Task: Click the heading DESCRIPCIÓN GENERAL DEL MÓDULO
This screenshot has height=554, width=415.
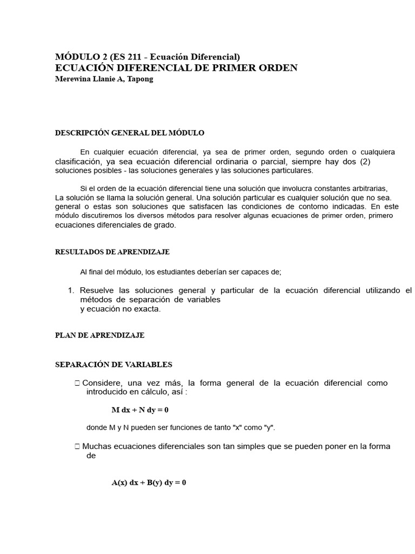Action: click(x=130, y=133)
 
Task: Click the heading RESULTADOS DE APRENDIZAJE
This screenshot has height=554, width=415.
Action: click(x=112, y=252)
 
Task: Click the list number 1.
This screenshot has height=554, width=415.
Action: click(x=71, y=291)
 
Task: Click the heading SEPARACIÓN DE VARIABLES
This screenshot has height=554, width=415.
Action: click(x=113, y=365)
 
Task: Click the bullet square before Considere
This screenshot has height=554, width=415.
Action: click(x=78, y=383)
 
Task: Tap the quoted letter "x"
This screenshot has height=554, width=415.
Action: click(x=236, y=427)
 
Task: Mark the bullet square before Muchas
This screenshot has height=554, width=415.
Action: click(x=78, y=447)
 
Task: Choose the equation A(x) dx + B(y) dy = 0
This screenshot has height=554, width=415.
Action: click(x=149, y=483)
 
